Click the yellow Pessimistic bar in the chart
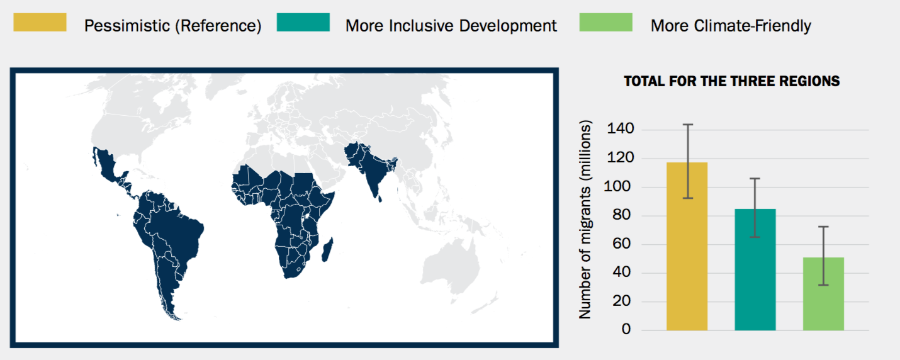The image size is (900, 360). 687,252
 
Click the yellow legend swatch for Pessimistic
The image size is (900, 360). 40,23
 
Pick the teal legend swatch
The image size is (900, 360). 303,23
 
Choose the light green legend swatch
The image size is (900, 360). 605,23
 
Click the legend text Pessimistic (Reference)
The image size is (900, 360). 172,26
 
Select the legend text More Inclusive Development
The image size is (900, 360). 451,26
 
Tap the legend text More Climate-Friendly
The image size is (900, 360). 730,26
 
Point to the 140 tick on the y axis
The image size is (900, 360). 620,130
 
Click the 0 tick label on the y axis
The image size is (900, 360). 626,330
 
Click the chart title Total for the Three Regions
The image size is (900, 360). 731,81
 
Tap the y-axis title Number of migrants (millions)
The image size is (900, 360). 585,220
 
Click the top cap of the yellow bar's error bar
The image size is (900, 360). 687,125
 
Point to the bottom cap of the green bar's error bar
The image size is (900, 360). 823,285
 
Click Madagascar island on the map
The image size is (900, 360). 327,251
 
